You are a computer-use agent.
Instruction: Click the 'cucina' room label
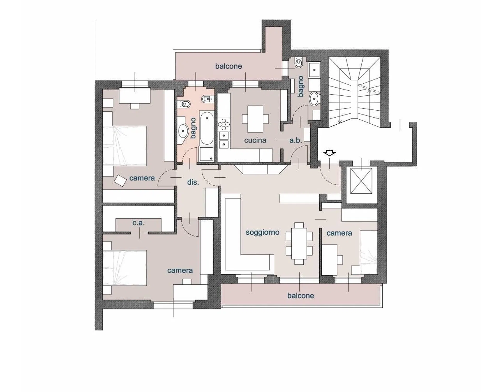(255, 140)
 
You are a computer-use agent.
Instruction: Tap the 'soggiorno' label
(262, 232)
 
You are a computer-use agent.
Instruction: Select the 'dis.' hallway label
(193, 182)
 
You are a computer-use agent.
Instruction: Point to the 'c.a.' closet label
(139, 223)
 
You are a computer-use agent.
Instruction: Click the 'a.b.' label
(296, 140)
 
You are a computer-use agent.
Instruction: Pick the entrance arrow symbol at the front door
(329, 153)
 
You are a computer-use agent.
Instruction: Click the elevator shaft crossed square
(361, 181)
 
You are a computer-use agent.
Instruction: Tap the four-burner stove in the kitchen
(224, 124)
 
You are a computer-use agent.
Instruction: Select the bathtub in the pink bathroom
(207, 128)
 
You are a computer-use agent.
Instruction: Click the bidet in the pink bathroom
(208, 99)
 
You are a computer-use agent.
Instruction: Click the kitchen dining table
(255, 119)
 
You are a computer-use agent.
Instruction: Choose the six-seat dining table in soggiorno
(299, 243)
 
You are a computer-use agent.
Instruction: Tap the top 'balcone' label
(229, 66)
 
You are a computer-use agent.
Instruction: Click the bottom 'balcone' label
(300, 296)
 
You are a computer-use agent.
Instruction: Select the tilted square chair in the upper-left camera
(120, 180)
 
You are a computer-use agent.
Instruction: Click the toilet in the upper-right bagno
(298, 63)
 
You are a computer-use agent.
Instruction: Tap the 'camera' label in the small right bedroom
(339, 233)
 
